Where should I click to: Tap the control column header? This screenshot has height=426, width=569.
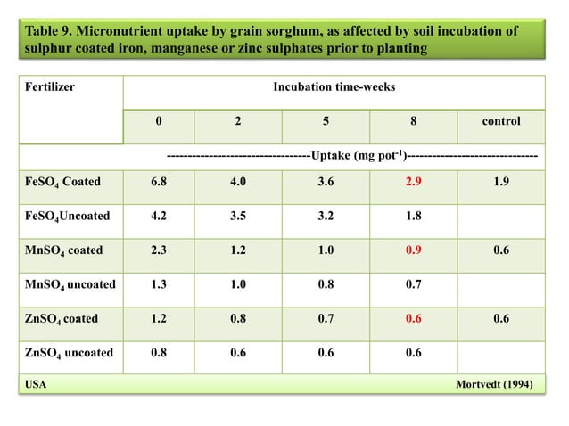coord(501,120)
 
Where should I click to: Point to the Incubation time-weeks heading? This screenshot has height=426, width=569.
coord(334,87)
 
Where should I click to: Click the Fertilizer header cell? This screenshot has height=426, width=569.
coord(50,87)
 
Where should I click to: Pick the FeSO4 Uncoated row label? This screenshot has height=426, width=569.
coord(62,216)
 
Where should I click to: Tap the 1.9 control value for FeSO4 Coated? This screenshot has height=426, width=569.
coord(501,182)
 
